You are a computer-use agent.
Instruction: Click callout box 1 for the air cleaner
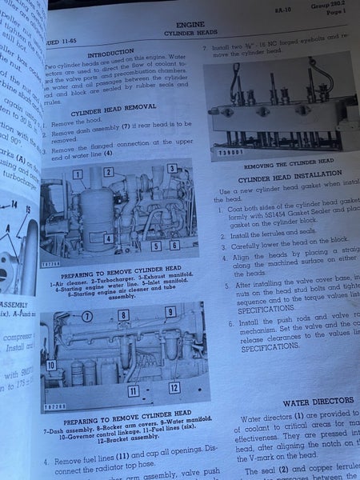[78, 174]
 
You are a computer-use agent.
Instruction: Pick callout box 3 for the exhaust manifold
[172, 169]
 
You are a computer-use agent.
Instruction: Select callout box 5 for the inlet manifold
[155, 246]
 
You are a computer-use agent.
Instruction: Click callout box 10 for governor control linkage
[51, 366]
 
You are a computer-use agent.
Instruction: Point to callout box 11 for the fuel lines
[134, 391]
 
